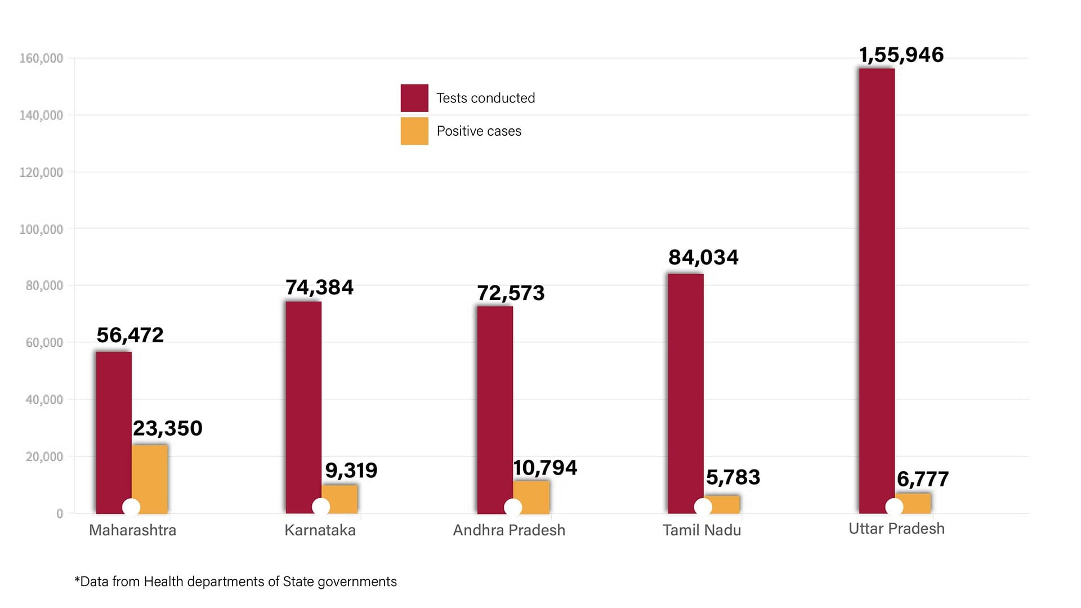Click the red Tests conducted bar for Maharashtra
pos(113,428)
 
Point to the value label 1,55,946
pos(901,55)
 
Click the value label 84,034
pos(703,257)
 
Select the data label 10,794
pos(545,468)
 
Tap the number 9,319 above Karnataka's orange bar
pos(351,471)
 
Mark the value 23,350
pos(168,428)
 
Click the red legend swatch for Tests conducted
pos(414,98)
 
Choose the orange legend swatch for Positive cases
pos(414,131)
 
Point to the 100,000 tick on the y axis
pos(41,229)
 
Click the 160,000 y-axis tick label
pos(41,58)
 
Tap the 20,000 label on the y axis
pos(44,457)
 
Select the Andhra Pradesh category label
pos(509,530)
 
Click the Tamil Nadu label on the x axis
pos(702,530)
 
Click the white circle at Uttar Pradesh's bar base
pos(894,507)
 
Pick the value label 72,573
pos(511,293)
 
